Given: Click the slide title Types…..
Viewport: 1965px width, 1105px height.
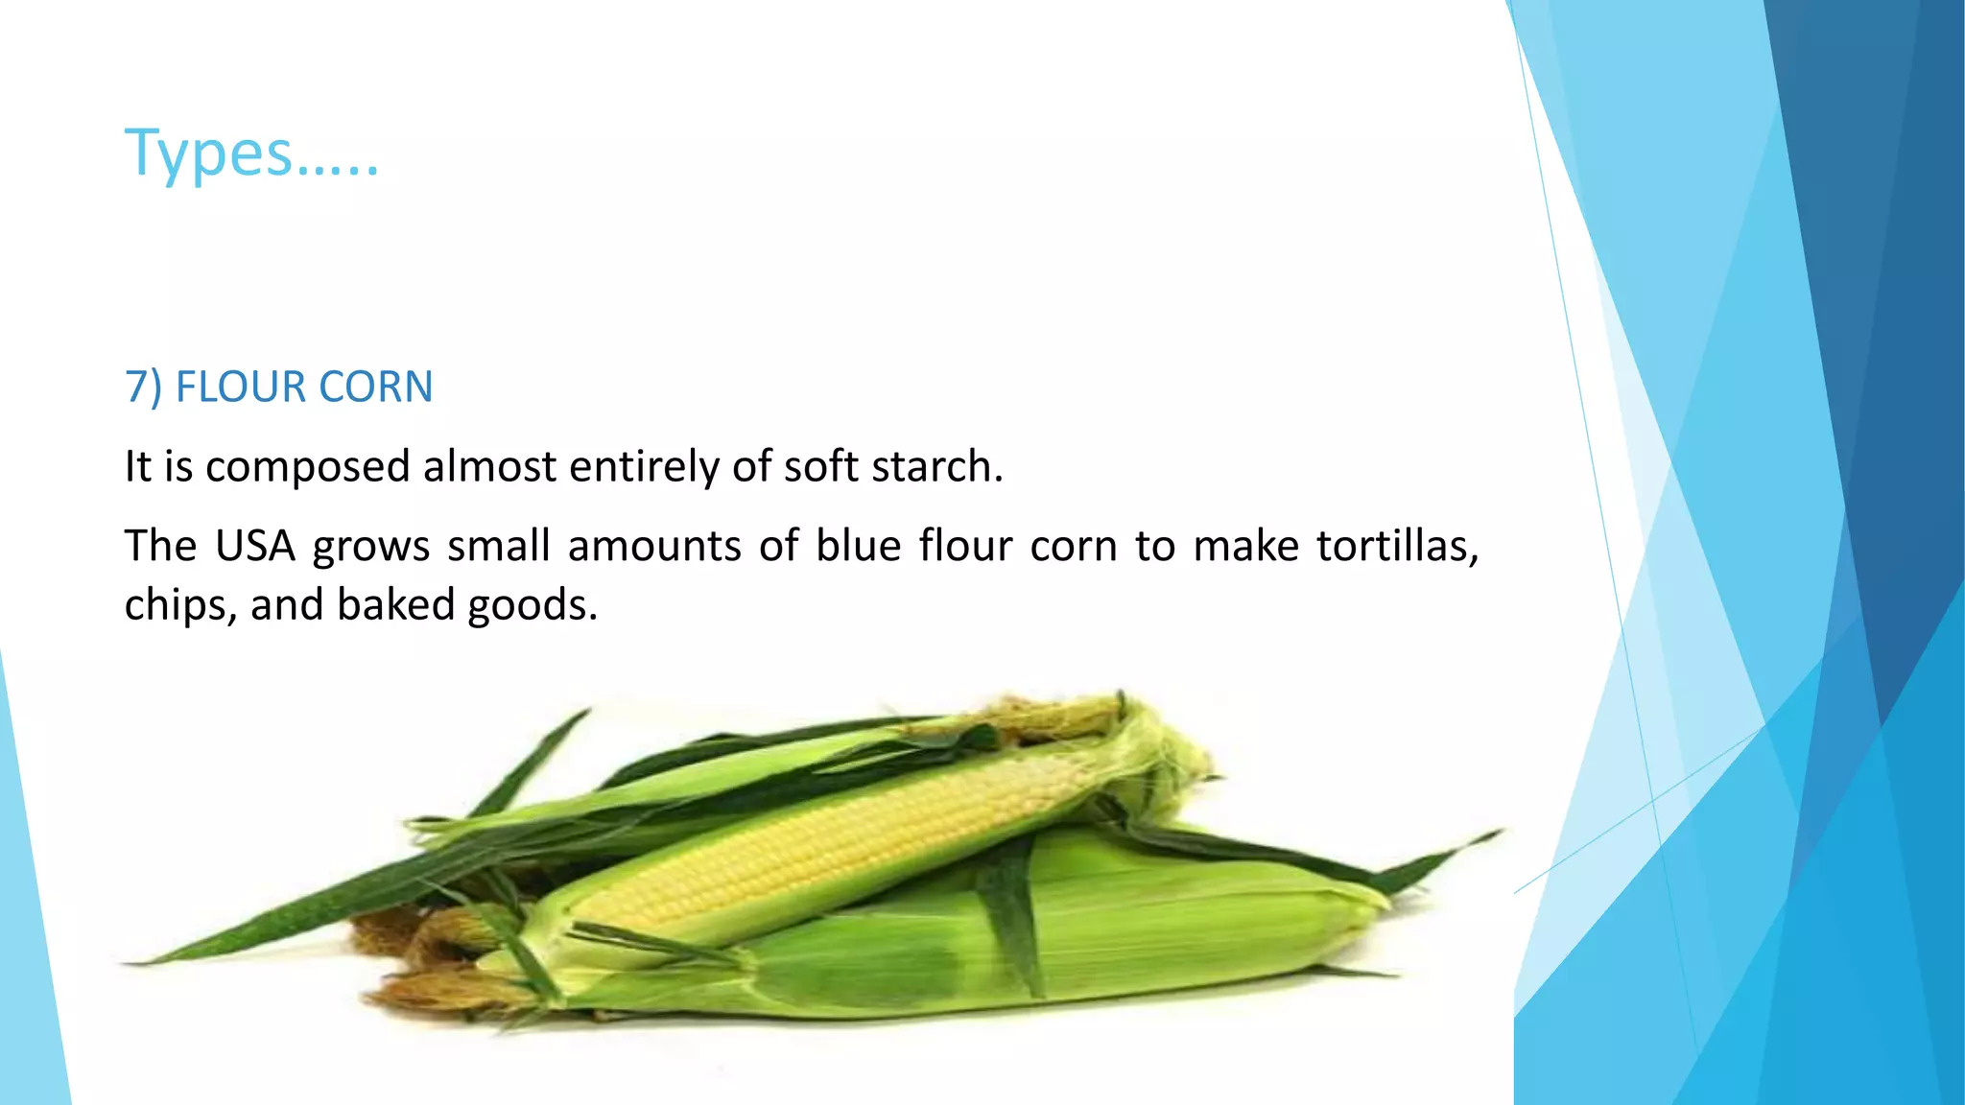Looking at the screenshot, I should tap(252, 153).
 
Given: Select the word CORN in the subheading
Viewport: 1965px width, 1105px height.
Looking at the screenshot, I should tap(375, 387).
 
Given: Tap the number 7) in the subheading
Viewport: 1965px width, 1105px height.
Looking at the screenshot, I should tap(144, 387).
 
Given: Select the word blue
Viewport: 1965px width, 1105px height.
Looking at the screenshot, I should tap(858, 546).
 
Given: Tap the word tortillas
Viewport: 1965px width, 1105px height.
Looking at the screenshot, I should tap(1396, 546).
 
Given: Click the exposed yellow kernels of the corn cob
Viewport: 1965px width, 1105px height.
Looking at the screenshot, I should tap(825, 844).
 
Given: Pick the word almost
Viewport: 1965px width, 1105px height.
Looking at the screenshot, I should tap(489, 467).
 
